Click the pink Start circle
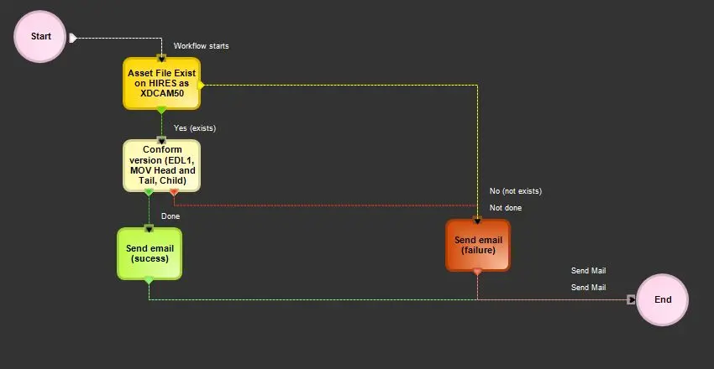coord(40,37)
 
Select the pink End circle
coord(662,299)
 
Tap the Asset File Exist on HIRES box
coord(161,84)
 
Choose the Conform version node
coord(161,165)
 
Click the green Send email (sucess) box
coord(148,253)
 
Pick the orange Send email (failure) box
coord(477,245)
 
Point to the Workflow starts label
coord(201,46)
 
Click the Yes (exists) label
coord(195,128)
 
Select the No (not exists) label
coord(516,191)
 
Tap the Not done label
coord(506,208)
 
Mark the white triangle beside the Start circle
coord(73,38)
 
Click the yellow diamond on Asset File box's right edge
coord(202,85)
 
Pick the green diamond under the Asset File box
coord(161,111)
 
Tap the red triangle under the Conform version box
coord(174,193)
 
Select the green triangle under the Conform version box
coord(149,193)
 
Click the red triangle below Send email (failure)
coord(477,272)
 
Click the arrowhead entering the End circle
coord(632,299)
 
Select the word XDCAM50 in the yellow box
coord(161,94)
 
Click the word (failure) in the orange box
coord(477,250)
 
